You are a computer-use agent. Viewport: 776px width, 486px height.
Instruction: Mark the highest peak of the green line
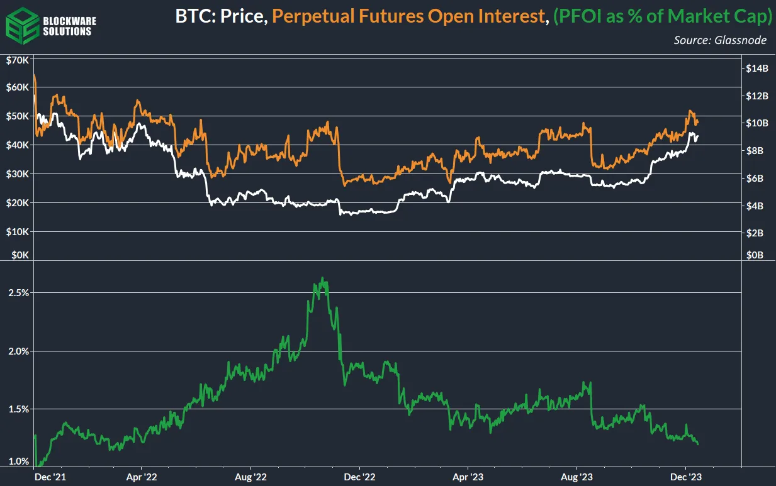point(322,278)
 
